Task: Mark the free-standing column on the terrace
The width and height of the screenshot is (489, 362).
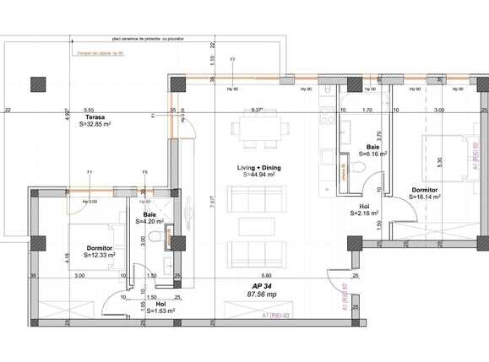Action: pyautogui.click(x=36, y=84)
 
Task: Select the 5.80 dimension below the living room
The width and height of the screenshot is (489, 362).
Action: pyautogui.click(x=266, y=275)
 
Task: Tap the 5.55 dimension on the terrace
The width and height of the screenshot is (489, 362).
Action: pyautogui.click(x=88, y=110)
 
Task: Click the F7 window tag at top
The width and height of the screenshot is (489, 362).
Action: pyautogui.click(x=232, y=60)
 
